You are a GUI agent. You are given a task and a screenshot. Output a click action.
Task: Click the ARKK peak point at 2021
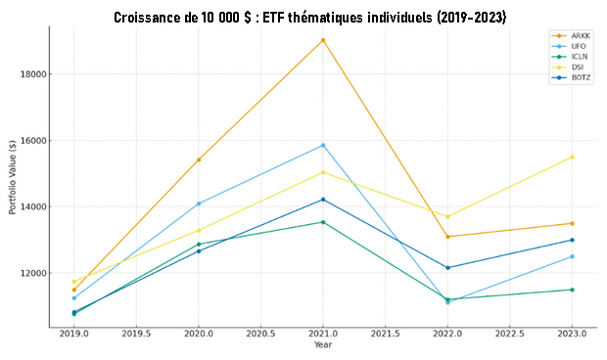coord(323,40)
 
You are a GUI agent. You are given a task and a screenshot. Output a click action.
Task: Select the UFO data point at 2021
coord(323,146)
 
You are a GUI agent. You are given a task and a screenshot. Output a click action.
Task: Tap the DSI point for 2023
coord(572,157)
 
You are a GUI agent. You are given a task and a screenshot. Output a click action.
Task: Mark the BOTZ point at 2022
coord(447,267)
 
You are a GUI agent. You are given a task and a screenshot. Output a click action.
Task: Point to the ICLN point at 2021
coord(323,222)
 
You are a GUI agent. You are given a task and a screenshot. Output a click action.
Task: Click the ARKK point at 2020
coord(199,159)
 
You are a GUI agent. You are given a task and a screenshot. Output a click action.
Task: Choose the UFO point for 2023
coord(572,256)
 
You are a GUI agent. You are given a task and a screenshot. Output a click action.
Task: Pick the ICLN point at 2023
coord(572,290)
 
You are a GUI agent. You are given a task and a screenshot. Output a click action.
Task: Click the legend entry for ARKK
coord(576,36)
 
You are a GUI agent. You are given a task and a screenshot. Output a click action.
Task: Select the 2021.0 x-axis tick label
coord(323,334)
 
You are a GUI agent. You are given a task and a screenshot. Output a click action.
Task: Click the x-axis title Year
coord(323,344)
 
